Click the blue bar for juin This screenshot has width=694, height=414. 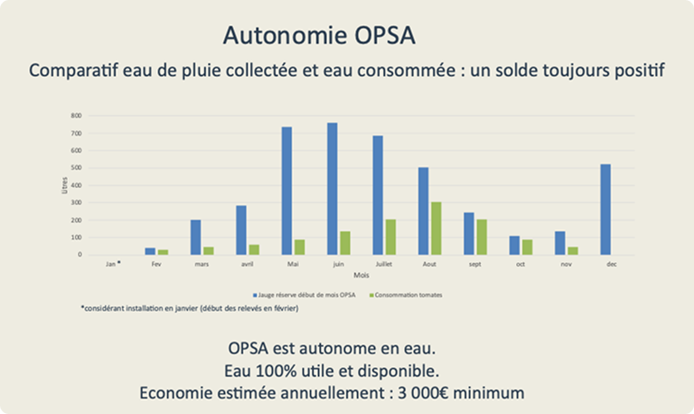click(x=332, y=189)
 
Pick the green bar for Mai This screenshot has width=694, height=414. click(x=298, y=247)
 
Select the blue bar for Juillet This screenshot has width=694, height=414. click(x=378, y=195)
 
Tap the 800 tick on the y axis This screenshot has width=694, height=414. click(x=75, y=116)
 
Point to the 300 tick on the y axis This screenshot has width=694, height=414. click(x=75, y=202)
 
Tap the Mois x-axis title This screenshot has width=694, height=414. click(x=361, y=275)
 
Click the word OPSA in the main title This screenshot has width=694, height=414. click(x=380, y=36)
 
